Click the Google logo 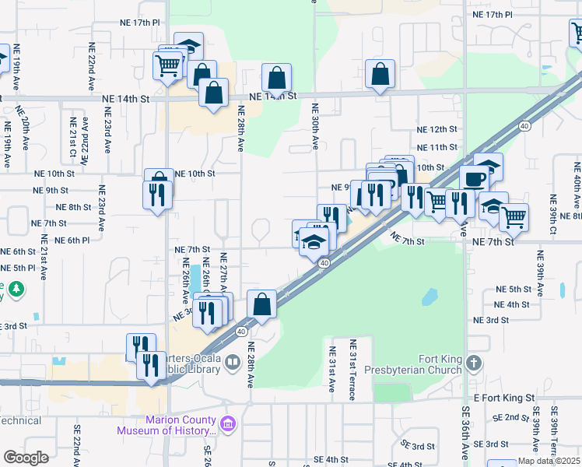click(26, 458)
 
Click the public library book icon click(232, 362)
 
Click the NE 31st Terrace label click(352, 370)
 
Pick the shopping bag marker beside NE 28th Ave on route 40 click(262, 304)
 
